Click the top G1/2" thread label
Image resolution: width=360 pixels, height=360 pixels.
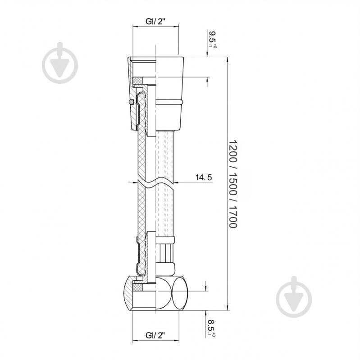pyautogui.click(x=155, y=21)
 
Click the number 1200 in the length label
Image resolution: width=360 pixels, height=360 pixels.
pyautogui.click(x=232, y=149)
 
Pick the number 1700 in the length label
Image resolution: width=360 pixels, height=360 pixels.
pyautogui.click(x=232, y=216)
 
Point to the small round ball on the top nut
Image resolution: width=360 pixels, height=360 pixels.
pyautogui.click(x=131, y=102)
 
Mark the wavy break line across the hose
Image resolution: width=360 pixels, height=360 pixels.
pyautogui.click(x=155, y=182)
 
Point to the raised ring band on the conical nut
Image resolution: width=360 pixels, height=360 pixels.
pyautogui.click(x=169, y=102)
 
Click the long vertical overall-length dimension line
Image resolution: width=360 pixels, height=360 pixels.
pyautogui.click(x=227, y=180)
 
